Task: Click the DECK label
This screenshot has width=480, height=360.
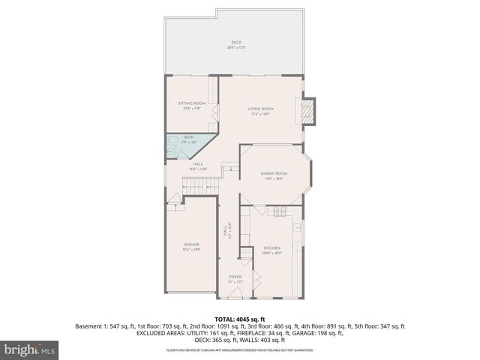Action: pos(236,42)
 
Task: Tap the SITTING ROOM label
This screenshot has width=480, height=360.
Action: pos(191,103)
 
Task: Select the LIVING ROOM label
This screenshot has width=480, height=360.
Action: pos(260,109)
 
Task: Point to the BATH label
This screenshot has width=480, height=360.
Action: pos(188,137)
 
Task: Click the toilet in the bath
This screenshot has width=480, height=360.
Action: pos(172,140)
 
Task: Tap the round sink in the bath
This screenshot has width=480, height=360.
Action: pos(172,151)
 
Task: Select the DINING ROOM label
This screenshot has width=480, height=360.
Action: pos(274,173)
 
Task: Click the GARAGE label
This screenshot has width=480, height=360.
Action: pos(191,245)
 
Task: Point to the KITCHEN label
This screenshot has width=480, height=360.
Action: pos(271,248)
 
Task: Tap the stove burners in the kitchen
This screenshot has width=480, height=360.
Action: pos(282,211)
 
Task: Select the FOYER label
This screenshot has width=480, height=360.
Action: pos(235,277)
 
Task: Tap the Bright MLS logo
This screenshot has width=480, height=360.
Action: pos(30,349)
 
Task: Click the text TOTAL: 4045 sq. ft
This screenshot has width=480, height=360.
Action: pos(240,318)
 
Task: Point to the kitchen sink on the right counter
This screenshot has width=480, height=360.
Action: pos(298,226)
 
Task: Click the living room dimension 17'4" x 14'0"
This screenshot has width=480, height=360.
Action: pos(260,114)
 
